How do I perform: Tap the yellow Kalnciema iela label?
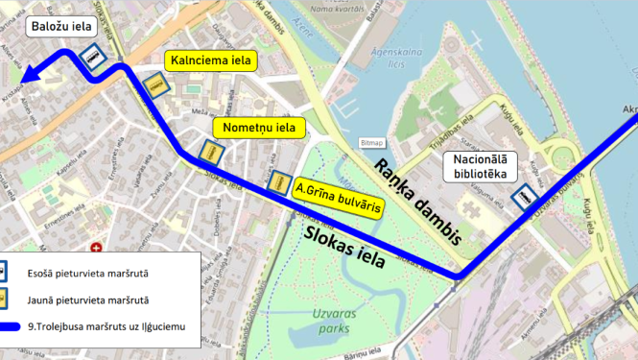211,60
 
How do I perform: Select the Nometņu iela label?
259,127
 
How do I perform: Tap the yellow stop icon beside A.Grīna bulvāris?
280,181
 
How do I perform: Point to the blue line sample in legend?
20,328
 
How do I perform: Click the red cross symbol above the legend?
96,248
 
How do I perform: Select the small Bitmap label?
372,142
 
